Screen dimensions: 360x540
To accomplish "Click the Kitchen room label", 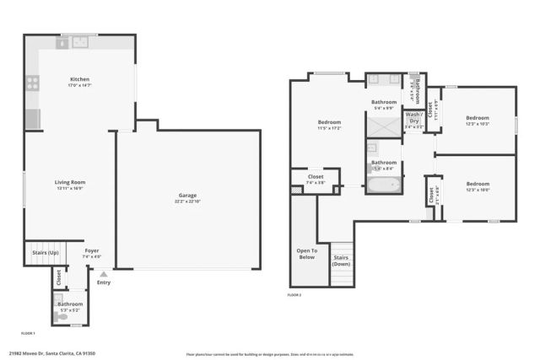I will (x=80, y=79).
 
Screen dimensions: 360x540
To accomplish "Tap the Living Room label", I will (x=70, y=182).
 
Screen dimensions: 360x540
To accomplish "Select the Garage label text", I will (x=187, y=196).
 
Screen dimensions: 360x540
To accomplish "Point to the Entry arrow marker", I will (x=104, y=274).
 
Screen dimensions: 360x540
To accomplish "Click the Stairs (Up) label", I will (x=45, y=252).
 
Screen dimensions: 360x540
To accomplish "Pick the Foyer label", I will (x=91, y=250).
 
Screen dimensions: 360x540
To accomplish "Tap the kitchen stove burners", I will (x=33, y=83).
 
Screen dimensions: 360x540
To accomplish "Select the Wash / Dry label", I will (x=413, y=119).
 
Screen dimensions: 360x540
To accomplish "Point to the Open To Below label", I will (x=305, y=254).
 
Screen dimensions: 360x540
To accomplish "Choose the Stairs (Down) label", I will (x=341, y=261).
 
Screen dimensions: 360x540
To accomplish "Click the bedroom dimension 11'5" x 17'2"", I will (x=328, y=127).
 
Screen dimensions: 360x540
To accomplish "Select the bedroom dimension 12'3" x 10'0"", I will (x=478, y=189).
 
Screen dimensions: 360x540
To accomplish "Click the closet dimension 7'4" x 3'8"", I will (x=315, y=182).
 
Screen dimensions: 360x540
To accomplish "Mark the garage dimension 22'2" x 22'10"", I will (x=187, y=201).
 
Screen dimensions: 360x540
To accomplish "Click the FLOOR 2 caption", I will (x=294, y=295).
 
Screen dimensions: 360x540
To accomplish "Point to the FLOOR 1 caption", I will (x=28, y=334).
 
